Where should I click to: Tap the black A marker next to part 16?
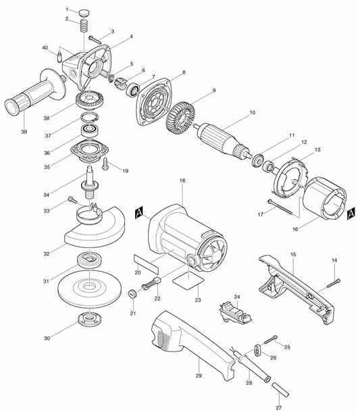(351, 214)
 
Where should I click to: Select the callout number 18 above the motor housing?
(182, 182)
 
